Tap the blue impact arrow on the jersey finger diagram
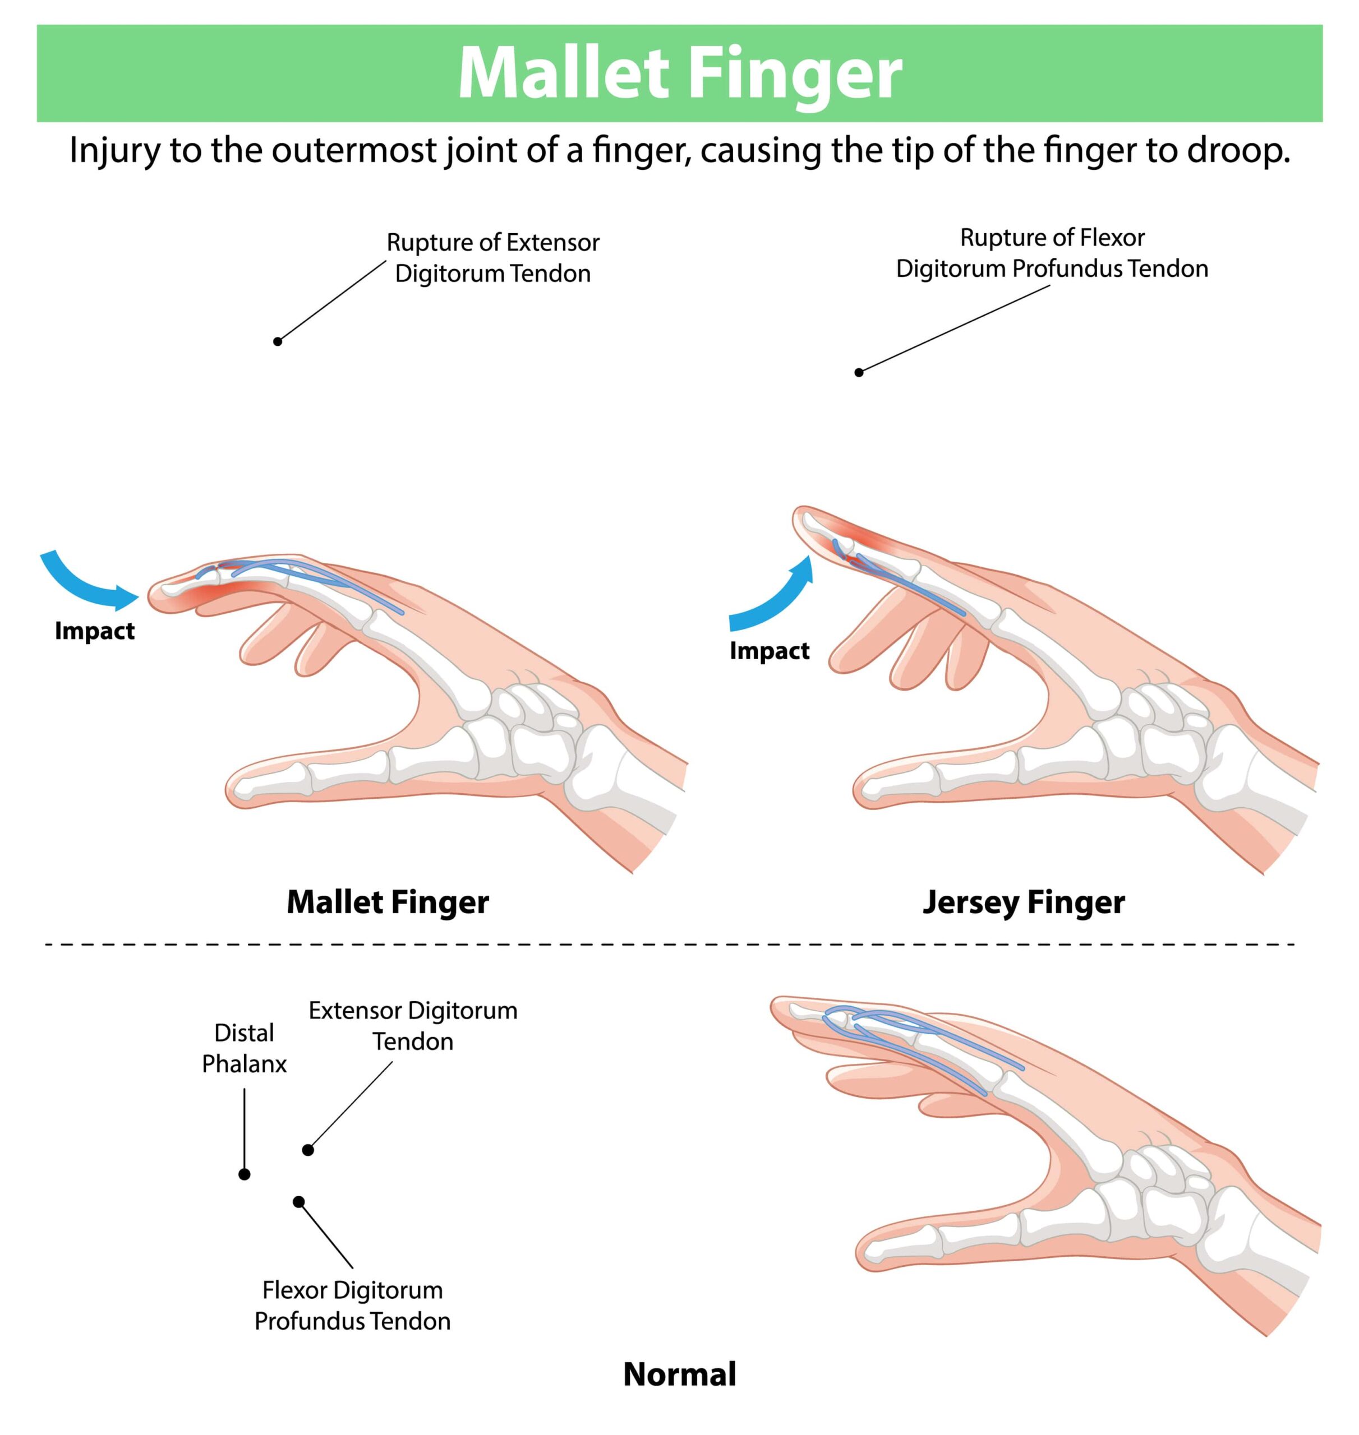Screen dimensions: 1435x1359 (776, 598)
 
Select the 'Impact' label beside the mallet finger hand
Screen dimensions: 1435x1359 (95, 631)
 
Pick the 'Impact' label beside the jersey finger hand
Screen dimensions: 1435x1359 (770, 651)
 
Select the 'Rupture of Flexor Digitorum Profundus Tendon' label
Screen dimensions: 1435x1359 (1052, 253)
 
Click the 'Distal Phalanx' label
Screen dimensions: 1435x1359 (244, 1048)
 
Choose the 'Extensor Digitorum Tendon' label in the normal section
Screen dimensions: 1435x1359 (413, 1026)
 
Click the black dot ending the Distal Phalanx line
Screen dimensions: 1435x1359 (244, 1174)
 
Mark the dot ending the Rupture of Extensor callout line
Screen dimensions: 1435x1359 (278, 341)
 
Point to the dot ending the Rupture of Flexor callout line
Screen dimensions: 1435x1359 (859, 372)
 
